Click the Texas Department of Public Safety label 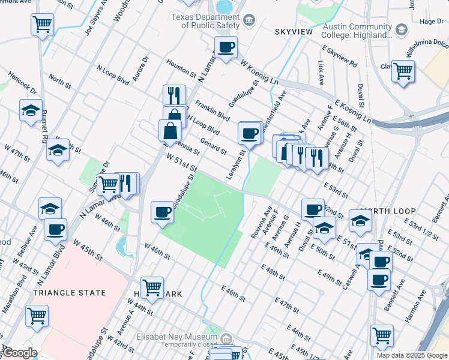205,21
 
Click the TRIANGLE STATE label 70,293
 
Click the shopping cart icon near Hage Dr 403,71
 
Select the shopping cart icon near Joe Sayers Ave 42,25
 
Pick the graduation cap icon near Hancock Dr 31,110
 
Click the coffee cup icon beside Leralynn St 249,133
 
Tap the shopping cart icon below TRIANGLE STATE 37,315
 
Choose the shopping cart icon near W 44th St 152,287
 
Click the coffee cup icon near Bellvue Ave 56,229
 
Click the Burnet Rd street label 44,126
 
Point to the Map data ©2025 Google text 412,355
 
